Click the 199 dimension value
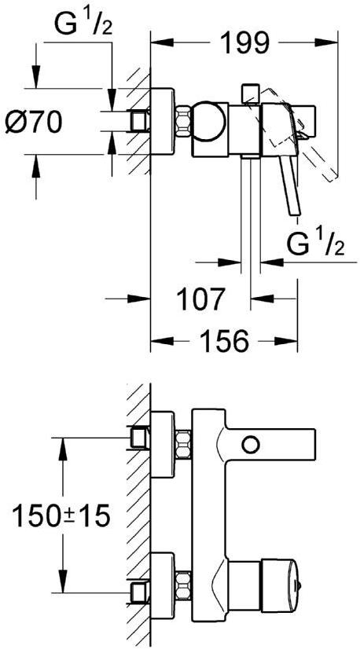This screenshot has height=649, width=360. click(x=244, y=42)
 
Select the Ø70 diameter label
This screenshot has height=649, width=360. click(x=34, y=123)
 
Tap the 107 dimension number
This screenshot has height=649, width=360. click(x=200, y=299)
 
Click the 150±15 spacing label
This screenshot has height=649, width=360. click(x=61, y=515)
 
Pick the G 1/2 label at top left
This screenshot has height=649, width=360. click(x=83, y=24)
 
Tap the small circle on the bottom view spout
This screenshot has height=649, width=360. click(x=251, y=445)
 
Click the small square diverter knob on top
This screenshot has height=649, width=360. click(x=251, y=93)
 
